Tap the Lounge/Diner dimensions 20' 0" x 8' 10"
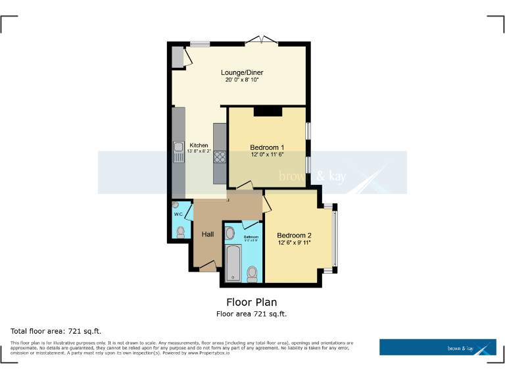240,80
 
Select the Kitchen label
199,145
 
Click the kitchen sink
178,152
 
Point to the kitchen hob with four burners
220,156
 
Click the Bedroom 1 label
267,147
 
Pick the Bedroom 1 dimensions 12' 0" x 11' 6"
267,155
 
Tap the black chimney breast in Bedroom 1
267,111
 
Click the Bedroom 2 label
294,236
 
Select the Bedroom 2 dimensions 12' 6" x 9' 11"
294,243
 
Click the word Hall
208,234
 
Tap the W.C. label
178,215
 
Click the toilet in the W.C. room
181,232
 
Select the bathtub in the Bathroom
233,263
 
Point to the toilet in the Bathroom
252,273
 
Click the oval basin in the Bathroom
230,233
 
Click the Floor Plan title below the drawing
252,303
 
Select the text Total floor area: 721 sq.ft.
56,330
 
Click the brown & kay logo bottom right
437,347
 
